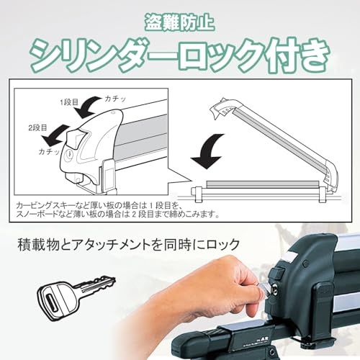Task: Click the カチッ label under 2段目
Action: click(50, 153)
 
